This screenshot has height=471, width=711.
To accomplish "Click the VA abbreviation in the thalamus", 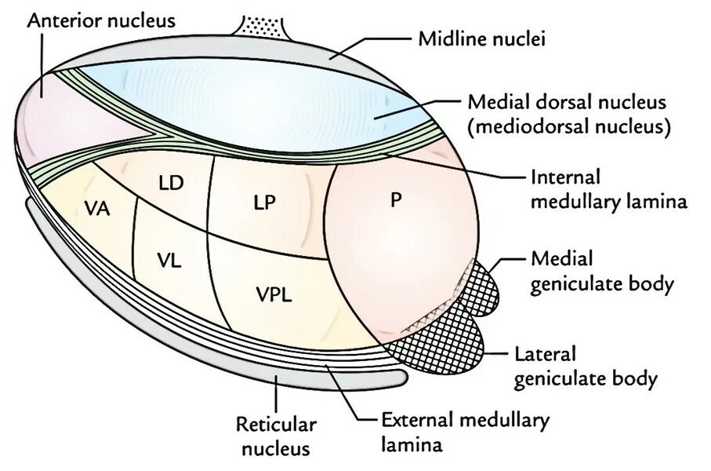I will [x=96, y=210].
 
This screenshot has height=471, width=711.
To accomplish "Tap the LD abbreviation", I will [x=170, y=184].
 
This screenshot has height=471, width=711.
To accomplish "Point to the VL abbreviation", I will [x=169, y=261].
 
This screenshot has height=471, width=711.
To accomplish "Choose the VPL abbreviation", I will [x=274, y=294].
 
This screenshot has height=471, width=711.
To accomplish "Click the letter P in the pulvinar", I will [x=395, y=199].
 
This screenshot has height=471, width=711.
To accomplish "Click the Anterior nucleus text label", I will [x=101, y=19].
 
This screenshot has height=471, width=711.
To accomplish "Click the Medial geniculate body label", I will [x=602, y=271].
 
